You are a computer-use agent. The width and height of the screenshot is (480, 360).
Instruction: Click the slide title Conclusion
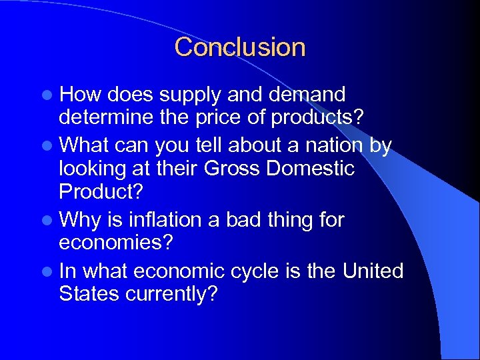[240, 47]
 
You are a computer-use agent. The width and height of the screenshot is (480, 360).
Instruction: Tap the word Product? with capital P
[101, 192]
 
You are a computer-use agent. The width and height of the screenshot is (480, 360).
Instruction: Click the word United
[373, 271]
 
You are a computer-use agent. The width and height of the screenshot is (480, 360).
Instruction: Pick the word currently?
[172, 295]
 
